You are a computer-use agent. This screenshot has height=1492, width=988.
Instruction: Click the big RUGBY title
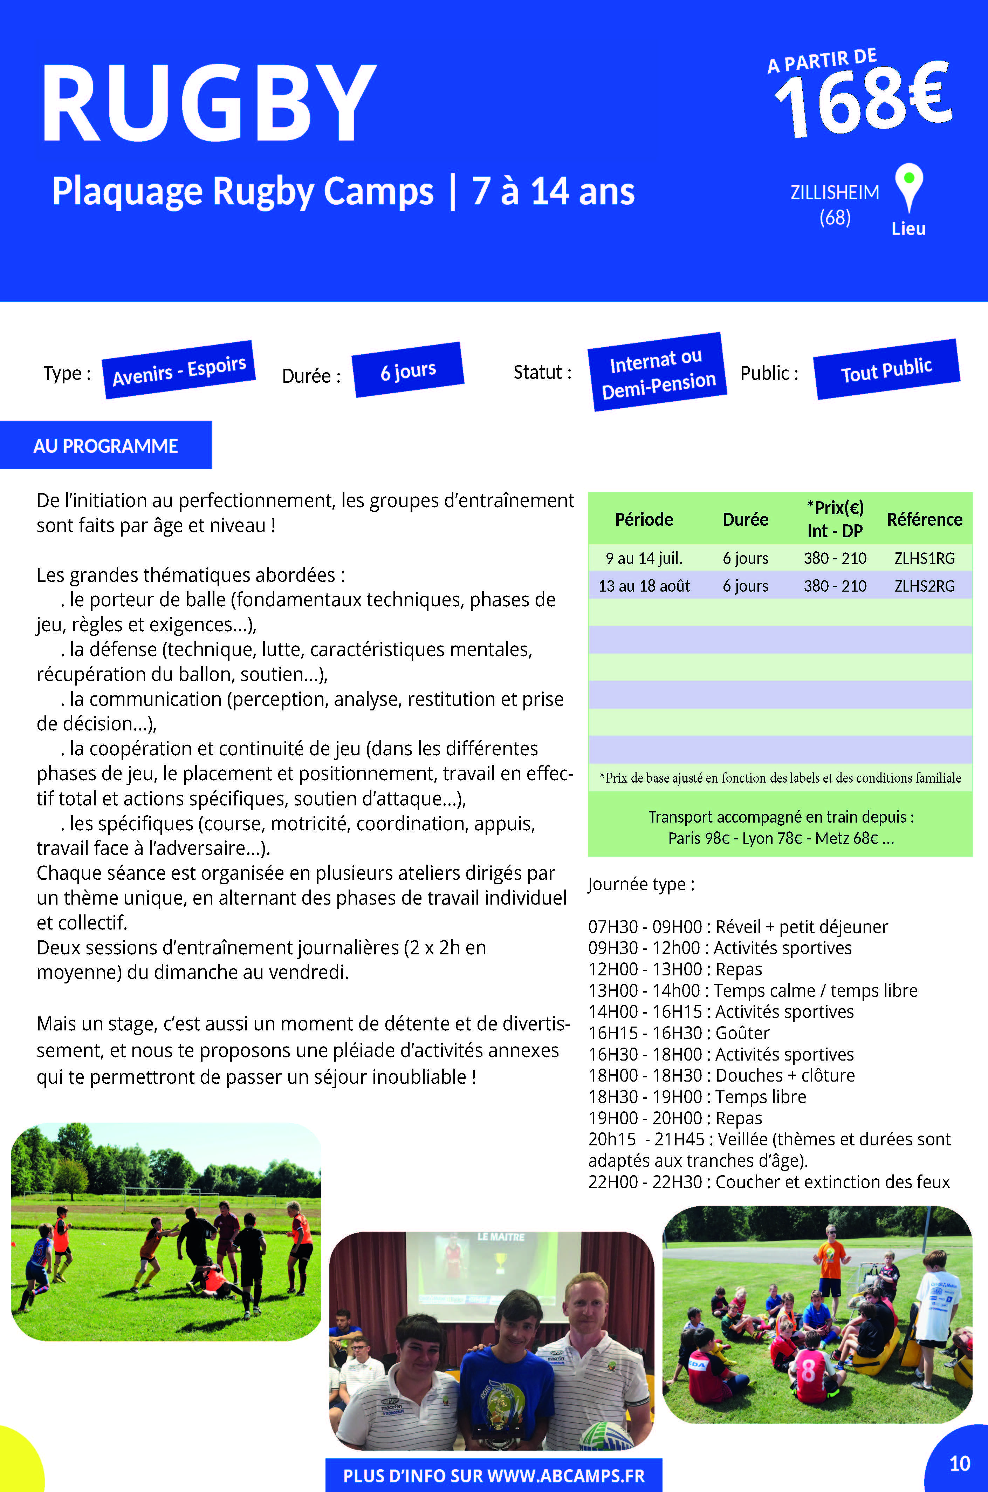tap(208, 104)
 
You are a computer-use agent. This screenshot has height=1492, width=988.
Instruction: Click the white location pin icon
tap(908, 186)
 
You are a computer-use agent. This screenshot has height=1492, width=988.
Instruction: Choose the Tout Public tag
tap(886, 370)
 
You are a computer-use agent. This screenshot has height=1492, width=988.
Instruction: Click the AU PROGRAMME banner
tap(106, 446)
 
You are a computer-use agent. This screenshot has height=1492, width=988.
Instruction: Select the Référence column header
tap(924, 519)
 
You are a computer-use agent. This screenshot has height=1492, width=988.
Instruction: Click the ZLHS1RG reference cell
tap(924, 558)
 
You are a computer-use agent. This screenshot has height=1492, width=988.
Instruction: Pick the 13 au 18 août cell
tap(644, 586)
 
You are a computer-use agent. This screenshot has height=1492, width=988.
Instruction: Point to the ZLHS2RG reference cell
tap(924, 586)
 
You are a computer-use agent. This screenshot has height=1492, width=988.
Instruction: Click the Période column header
tap(644, 519)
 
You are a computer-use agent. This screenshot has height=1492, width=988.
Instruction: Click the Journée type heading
tap(641, 884)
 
